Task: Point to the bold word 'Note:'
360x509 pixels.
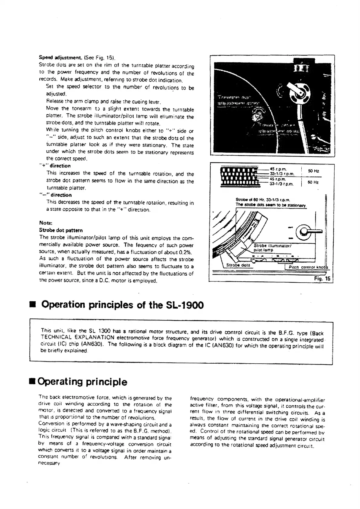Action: coord(46,223)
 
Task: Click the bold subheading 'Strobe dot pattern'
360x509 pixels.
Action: coord(61,230)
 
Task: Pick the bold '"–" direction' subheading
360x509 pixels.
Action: coord(55,195)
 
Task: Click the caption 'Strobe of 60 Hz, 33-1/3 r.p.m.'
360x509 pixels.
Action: coord(263,199)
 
